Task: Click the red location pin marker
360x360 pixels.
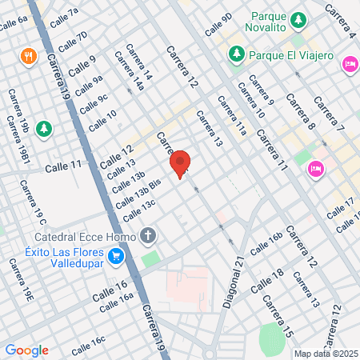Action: pos(181,163)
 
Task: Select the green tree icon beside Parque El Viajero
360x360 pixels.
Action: pos(237,54)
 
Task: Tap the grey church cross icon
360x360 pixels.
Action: pos(146,236)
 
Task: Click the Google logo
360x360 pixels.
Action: pos(26,350)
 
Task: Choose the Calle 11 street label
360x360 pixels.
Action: pos(63,166)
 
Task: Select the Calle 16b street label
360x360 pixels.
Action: pos(266,244)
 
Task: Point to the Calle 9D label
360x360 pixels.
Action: pos(218,24)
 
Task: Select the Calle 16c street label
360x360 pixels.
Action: pos(88,345)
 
